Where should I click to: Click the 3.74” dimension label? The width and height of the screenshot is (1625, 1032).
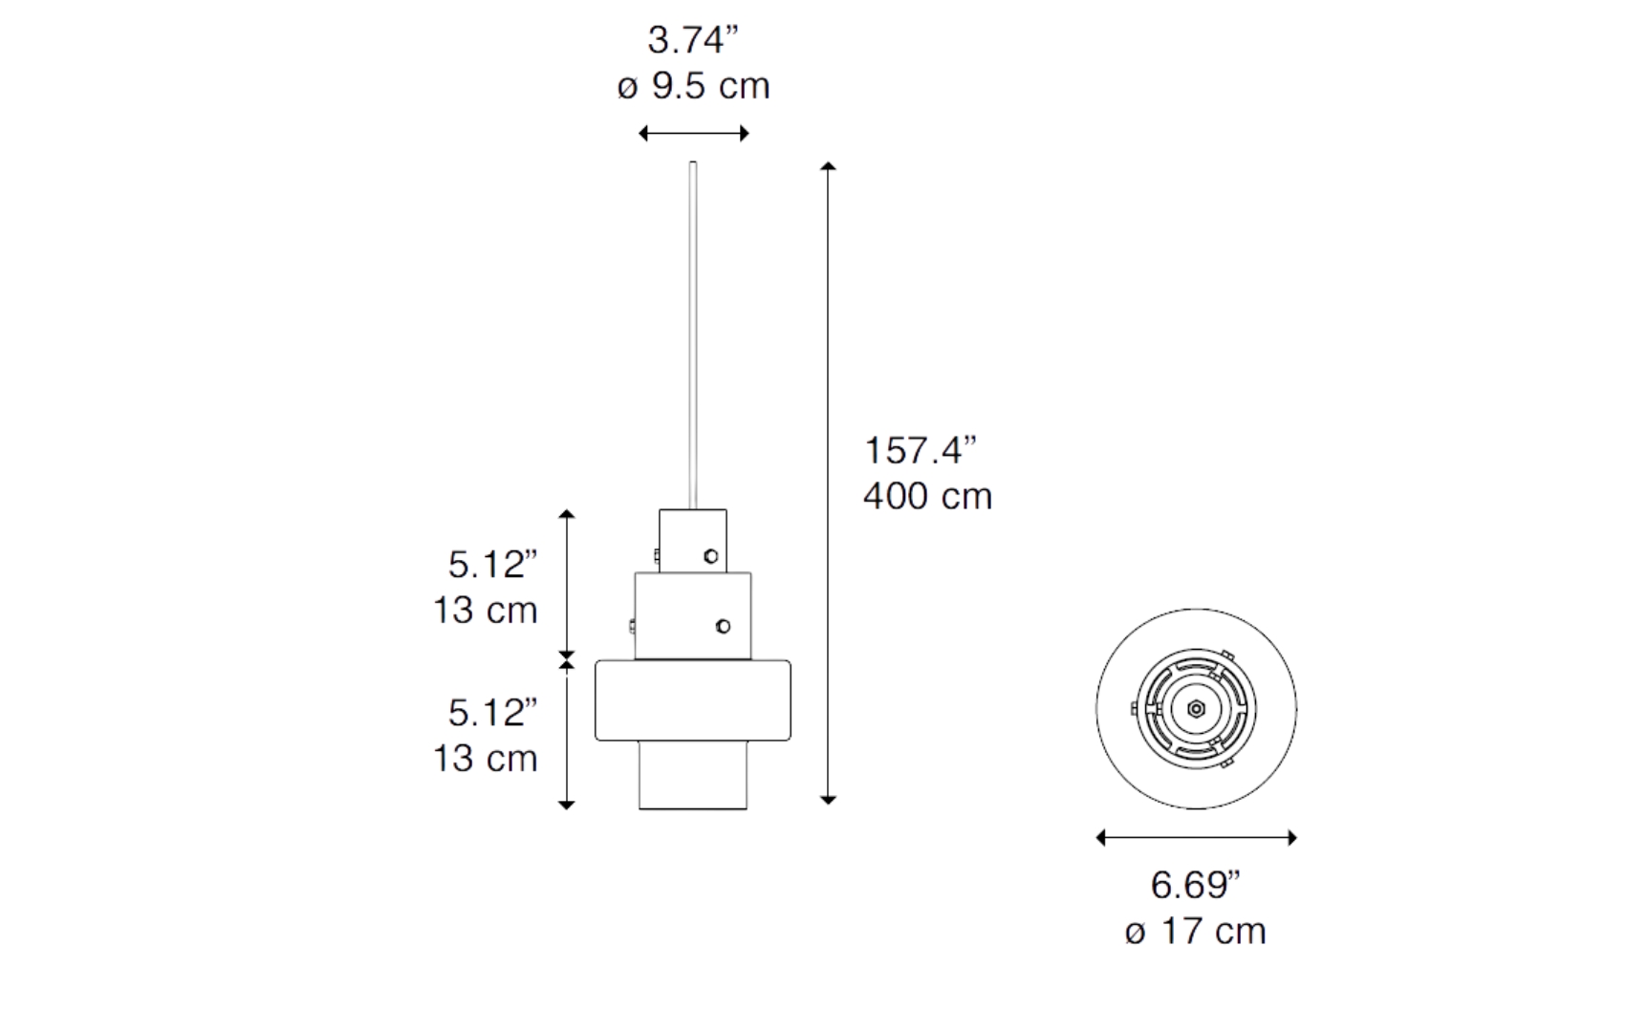[x=694, y=40]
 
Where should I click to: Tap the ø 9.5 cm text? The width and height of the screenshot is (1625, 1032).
[x=694, y=86]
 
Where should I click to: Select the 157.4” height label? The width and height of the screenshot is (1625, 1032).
[x=921, y=450]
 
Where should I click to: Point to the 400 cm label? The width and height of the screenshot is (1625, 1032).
[x=928, y=496]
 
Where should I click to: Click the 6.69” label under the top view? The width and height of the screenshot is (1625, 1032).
[x=1196, y=885]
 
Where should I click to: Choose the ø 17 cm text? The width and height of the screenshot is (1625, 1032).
[x=1196, y=932]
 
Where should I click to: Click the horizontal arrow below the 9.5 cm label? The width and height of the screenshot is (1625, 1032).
[x=694, y=134]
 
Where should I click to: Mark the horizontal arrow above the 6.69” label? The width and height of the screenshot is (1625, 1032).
[x=1196, y=838]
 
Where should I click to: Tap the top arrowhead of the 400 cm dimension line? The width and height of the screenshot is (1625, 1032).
[x=828, y=166]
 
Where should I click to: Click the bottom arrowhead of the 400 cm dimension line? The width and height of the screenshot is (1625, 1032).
[x=828, y=800]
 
